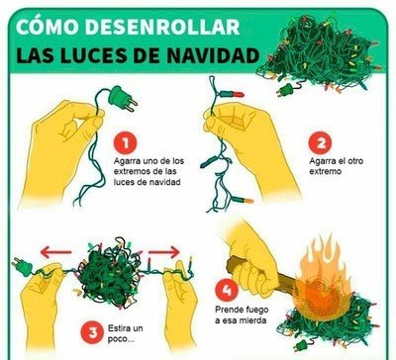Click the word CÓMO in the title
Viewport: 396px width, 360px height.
click(46, 27)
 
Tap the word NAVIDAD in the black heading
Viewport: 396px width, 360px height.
click(213, 55)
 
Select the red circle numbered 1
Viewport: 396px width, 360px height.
click(125, 142)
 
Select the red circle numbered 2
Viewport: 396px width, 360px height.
click(321, 142)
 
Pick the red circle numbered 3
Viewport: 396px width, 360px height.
click(93, 332)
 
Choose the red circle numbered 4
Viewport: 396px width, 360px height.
click(227, 290)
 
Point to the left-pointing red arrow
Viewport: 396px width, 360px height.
click(55, 252)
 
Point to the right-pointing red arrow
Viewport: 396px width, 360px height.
click(164, 252)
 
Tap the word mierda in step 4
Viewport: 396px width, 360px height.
click(251, 319)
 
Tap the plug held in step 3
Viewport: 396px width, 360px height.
click(23, 266)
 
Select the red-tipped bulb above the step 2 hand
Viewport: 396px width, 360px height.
click(232, 94)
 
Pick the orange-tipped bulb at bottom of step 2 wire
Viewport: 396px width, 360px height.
click(243, 200)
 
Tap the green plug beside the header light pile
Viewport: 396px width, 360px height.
click(285, 90)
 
